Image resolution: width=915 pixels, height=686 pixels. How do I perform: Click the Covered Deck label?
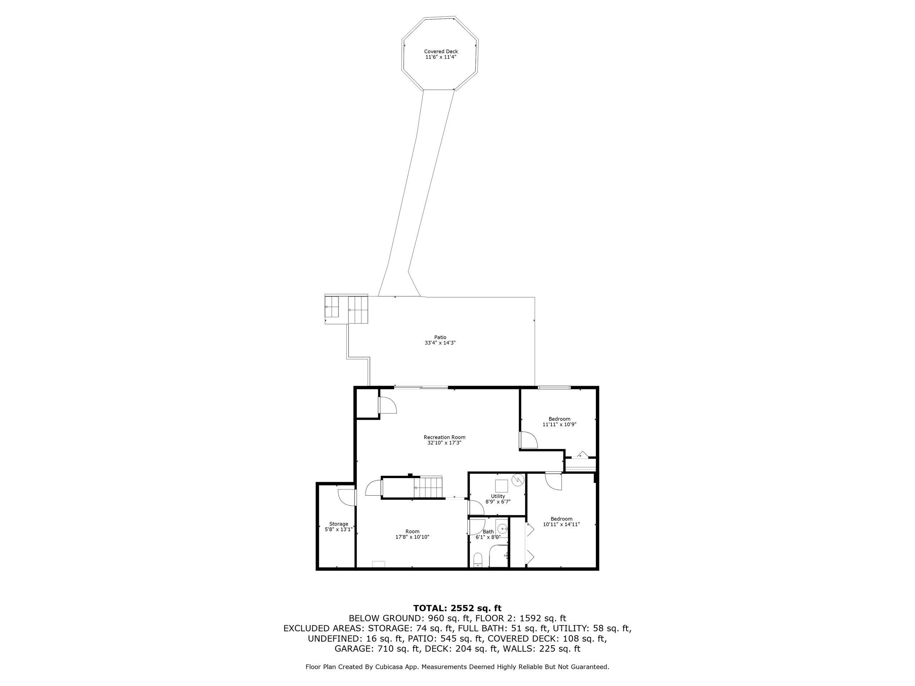click(x=441, y=52)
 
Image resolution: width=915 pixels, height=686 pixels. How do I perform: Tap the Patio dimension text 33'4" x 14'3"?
click(x=440, y=343)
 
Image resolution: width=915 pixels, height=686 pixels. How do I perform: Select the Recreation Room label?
click(x=444, y=437)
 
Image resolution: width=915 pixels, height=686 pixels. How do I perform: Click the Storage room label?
click(x=338, y=524)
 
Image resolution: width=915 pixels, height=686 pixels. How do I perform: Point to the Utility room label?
click(x=498, y=496)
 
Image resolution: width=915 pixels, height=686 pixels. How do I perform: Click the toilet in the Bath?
click(x=478, y=560)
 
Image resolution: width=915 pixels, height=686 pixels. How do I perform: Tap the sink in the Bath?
click(x=502, y=528)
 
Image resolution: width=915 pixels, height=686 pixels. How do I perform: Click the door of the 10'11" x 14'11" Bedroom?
click(x=553, y=481)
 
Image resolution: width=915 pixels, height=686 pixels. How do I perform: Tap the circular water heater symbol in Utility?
click(x=518, y=479)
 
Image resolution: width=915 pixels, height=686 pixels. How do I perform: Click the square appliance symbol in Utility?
click(x=502, y=486)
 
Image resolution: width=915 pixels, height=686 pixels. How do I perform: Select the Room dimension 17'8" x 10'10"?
click(x=412, y=537)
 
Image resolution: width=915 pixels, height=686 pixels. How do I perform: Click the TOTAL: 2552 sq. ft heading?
click(x=457, y=608)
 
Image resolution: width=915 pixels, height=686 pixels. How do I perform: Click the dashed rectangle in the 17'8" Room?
click(x=378, y=563)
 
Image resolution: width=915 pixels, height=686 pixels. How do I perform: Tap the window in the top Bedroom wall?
click(x=554, y=387)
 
